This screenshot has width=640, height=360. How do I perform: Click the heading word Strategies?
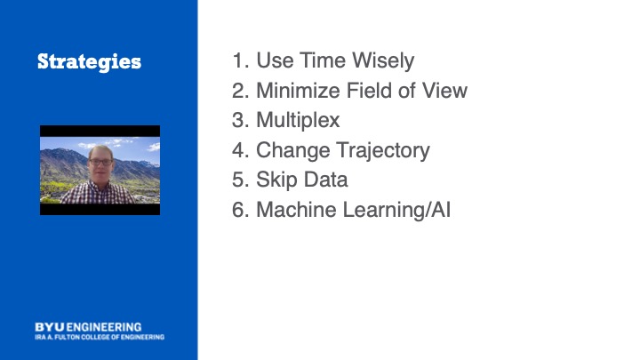pos(89,62)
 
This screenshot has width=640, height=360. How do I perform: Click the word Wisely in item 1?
pos(383,61)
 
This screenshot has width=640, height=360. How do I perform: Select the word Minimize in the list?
pos(298,91)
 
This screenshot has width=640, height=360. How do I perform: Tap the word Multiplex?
pos(298,121)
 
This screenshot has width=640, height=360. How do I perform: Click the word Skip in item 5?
pos(274,180)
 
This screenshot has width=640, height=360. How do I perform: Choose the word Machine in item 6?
pos(296,210)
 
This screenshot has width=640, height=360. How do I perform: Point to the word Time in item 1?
pos(323,60)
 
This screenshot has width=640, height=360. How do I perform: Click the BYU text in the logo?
pos(50,327)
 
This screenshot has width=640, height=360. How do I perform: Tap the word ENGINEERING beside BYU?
pos(104,327)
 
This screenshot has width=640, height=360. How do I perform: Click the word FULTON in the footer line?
pos(68,337)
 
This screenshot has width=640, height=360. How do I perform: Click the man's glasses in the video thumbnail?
pos(100,162)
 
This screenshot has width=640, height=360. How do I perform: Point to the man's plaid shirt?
pos(98,193)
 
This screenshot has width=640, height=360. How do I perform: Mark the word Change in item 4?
pos(292,151)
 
